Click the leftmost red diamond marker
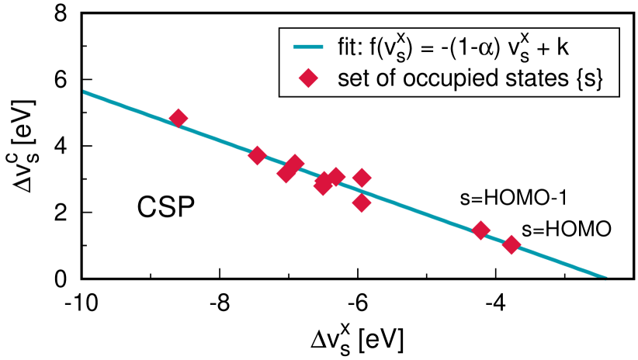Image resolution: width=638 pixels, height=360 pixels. click(179, 118)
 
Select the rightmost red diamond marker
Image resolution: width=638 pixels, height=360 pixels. click(511, 245)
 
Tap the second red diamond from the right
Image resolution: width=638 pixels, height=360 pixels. click(480, 230)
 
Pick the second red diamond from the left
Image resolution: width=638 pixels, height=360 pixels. click(257, 155)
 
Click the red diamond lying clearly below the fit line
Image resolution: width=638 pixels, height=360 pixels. click(362, 203)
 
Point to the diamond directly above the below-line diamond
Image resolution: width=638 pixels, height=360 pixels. click(362, 178)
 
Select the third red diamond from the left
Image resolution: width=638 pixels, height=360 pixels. click(286, 173)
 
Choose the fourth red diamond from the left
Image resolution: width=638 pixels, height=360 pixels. click(295, 164)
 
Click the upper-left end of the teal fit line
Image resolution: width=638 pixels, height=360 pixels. click(84, 92)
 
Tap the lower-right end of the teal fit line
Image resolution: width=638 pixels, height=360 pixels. click(605, 276)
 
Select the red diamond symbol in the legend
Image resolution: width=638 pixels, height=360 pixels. click(309, 78)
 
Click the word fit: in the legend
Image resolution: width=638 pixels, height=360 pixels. click(351, 49)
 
